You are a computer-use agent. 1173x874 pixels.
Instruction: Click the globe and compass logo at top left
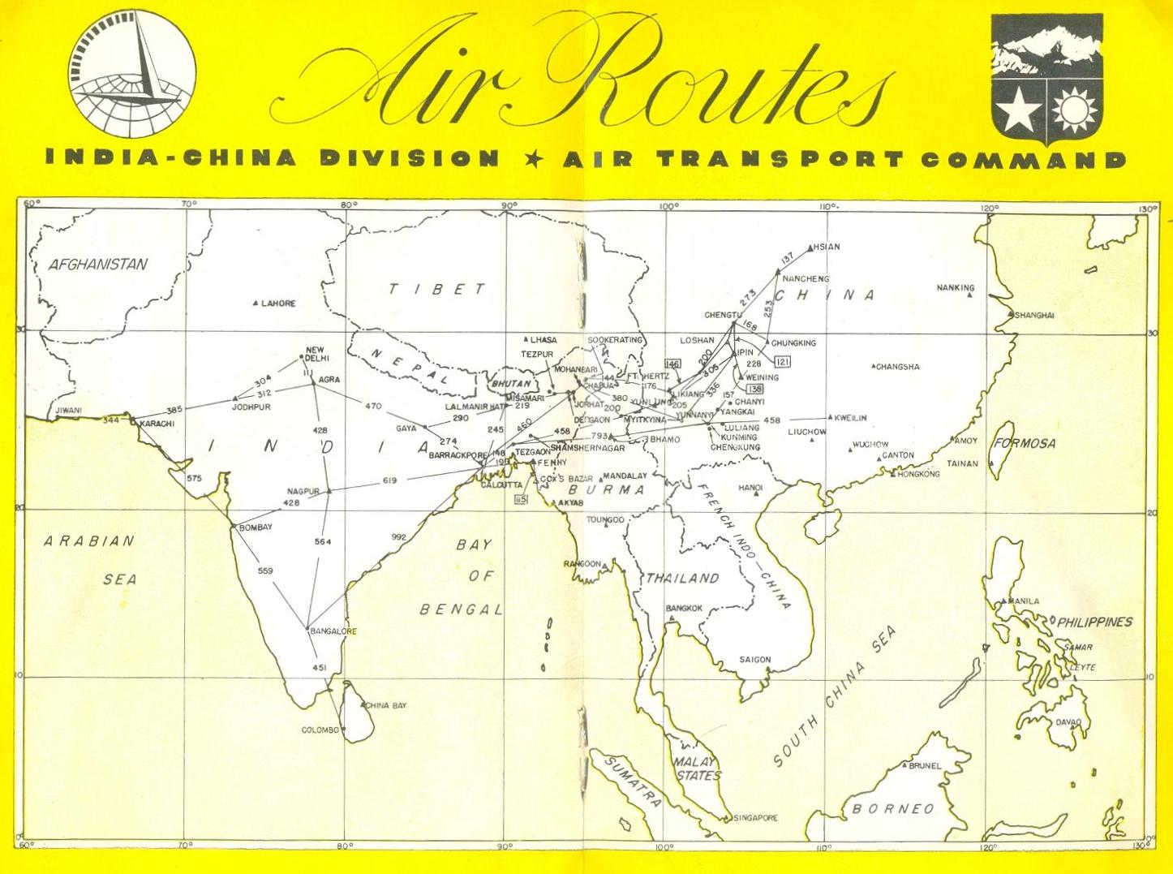(x=131, y=79)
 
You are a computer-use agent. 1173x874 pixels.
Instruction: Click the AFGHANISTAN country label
(x=98, y=264)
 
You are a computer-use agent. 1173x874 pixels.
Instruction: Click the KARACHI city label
(x=157, y=424)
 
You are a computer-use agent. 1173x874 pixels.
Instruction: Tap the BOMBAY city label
(x=255, y=527)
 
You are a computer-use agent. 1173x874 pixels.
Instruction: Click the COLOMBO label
(x=320, y=730)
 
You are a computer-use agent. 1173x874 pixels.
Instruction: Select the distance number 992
(x=398, y=537)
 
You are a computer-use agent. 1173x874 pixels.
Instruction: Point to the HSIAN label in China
(x=827, y=247)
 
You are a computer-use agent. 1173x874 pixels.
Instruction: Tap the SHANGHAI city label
(x=1034, y=315)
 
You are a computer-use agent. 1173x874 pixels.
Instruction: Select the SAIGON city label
(x=755, y=660)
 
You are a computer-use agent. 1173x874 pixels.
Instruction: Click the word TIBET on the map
(x=436, y=289)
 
